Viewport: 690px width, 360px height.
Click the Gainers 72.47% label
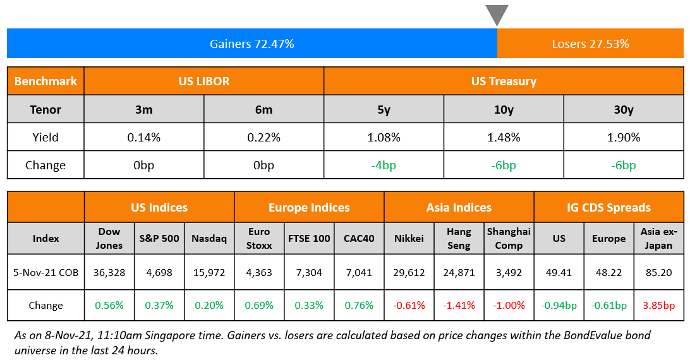[252, 44]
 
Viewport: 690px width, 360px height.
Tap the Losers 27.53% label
[590, 44]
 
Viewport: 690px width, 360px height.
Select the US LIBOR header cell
[203, 81]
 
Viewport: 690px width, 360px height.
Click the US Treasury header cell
[504, 81]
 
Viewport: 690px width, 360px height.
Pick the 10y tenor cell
[504, 109]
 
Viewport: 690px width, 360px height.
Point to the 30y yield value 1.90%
[623, 137]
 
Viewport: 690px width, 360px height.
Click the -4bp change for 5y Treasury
[384, 165]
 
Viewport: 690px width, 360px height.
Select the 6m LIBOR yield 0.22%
[263, 137]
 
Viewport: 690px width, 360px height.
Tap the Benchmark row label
[45, 81]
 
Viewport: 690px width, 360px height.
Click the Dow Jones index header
[109, 238]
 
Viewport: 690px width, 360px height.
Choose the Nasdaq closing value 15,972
[209, 272]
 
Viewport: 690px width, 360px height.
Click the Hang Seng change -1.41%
[459, 305]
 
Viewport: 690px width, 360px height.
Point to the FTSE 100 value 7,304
[309, 272]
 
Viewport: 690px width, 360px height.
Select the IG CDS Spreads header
[608, 207]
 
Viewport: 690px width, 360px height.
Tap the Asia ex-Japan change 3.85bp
[658, 305]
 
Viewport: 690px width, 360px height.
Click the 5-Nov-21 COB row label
[45, 272]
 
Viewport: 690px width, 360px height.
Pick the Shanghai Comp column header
[509, 238]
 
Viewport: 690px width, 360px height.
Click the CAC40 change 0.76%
[359, 305]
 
